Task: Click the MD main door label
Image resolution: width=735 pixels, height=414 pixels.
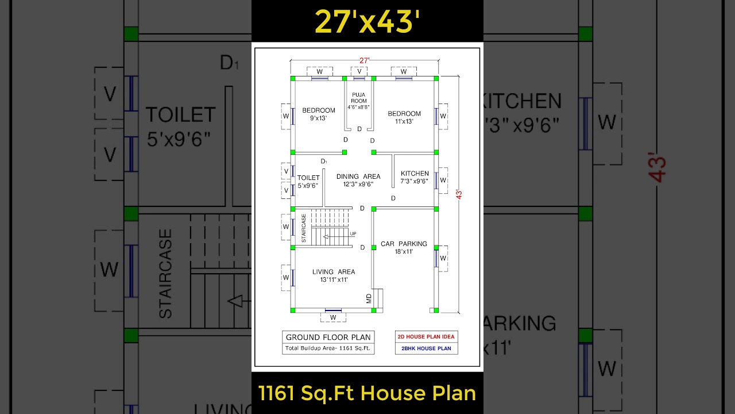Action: click(369, 298)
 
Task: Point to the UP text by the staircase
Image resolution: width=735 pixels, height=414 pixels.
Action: click(353, 233)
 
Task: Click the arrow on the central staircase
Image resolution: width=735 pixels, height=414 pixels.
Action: click(328, 236)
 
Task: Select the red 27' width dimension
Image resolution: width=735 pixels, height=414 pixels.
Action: click(365, 60)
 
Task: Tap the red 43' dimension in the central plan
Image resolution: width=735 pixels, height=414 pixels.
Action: click(459, 194)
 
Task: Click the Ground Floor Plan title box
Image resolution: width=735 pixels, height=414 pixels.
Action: click(328, 337)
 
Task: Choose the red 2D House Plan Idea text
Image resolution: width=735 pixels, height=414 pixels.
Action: click(426, 337)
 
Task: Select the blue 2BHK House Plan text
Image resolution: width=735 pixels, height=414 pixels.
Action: click(426, 348)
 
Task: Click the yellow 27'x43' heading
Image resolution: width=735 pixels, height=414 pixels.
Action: click(367, 21)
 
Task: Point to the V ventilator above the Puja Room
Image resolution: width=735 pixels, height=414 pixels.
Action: click(359, 71)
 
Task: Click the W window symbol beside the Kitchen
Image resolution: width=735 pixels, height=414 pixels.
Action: click(443, 180)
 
